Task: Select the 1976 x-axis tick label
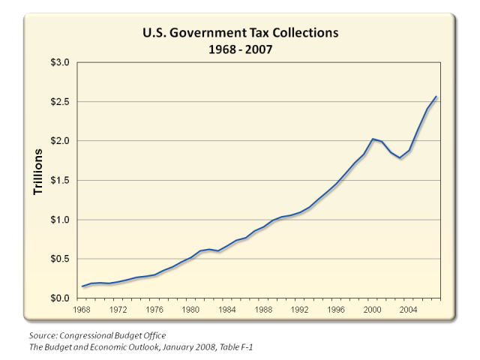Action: click(x=156, y=308)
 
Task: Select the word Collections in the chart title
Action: click(x=298, y=34)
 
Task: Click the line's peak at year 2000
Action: click(x=373, y=139)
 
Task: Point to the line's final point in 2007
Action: click(x=436, y=97)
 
